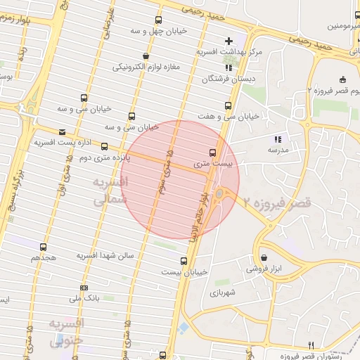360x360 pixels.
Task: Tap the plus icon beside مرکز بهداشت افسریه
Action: [228, 40]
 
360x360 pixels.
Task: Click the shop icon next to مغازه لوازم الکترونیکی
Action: [146, 56]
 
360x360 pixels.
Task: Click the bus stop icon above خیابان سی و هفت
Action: [226, 105]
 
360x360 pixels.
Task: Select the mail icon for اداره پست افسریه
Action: [63, 131]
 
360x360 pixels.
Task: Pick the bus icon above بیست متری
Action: [213, 152]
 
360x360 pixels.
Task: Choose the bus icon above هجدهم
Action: [44, 247]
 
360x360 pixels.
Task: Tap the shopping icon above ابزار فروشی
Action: [264, 257]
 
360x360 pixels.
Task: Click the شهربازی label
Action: [221, 292]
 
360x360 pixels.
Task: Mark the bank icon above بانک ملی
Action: [84, 288]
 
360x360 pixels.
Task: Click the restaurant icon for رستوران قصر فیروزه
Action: [311, 345]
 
